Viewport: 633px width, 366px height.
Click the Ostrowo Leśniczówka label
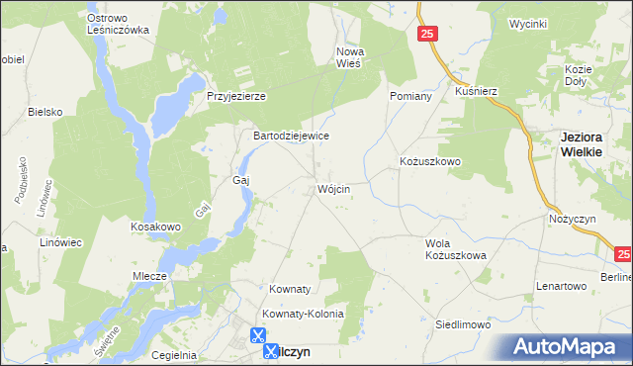[x=118, y=24]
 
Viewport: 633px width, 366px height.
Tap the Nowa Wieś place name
[x=352, y=57]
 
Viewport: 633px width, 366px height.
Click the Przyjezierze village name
[x=236, y=96]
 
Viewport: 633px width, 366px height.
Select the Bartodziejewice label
[x=291, y=136]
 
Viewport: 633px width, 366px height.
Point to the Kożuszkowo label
[x=430, y=160]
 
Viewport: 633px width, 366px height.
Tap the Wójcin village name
[x=334, y=188]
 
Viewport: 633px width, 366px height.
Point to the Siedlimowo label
[x=464, y=323]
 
